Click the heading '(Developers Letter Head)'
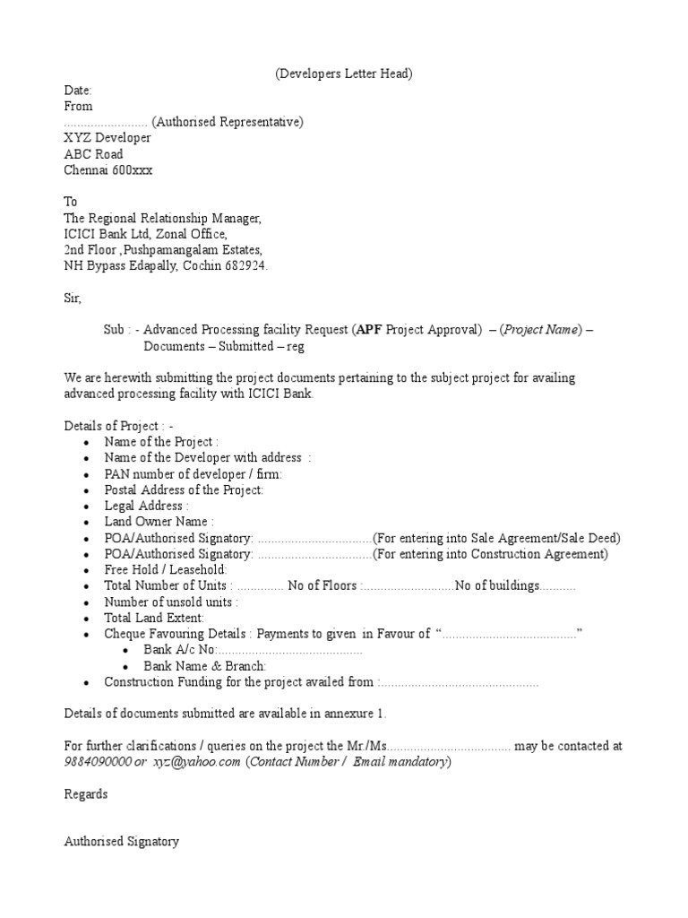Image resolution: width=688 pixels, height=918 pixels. coord(343,74)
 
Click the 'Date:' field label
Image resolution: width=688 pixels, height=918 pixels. coord(78,91)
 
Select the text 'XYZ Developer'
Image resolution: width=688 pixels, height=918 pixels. coord(107,138)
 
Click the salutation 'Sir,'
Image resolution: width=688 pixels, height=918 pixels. coord(73,298)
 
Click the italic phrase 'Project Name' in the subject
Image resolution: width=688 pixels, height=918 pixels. coord(542,330)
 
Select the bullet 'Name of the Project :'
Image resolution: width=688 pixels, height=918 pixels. coord(161,442)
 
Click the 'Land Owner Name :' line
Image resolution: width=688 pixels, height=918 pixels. coord(159,522)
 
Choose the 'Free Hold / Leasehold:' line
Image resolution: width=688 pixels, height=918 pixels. coord(166,570)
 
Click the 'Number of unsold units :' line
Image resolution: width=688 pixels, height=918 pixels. coord(171,602)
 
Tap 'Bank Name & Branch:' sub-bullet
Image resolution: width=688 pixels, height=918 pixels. coord(205,666)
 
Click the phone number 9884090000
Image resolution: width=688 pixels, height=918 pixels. coord(99,762)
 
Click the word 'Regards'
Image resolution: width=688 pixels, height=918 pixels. coord(86,794)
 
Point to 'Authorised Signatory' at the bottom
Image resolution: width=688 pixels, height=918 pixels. coord(122,842)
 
